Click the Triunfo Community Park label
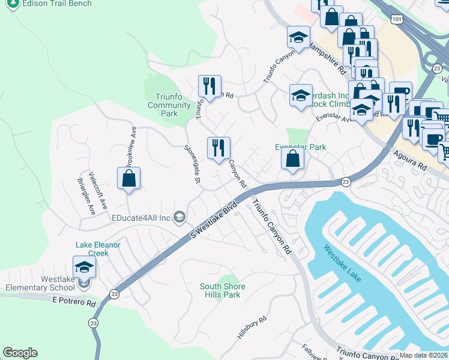pos(169,105)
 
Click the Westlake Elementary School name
pos(66,283)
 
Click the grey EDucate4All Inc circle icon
pos(179,217)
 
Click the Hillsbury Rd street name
pos(251,328)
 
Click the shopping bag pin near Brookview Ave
pos(128,178)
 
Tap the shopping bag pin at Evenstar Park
pos(292,159)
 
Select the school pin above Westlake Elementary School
pos(84,266)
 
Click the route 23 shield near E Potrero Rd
pos(114,294)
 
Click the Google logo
pos(20,353)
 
